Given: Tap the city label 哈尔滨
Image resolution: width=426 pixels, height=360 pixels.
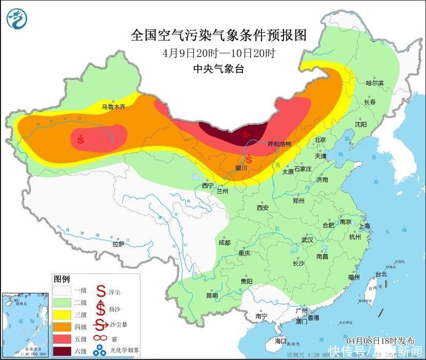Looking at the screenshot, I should (x=374, y=82).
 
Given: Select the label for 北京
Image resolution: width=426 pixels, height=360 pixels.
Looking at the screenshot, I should (x=320, y=139).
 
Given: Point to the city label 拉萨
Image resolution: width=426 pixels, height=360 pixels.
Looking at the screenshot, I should (x=118, y=244).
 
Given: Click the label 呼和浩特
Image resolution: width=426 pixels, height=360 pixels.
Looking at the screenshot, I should (x=279, y=144).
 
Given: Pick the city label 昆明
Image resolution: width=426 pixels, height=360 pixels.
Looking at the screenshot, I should (x=212, y=295).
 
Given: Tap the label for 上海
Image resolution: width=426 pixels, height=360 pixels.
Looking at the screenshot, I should (x=365, y=225).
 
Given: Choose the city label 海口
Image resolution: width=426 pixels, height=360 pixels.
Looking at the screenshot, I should (x=280, y=341).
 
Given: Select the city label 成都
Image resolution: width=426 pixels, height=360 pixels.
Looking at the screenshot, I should (x=224, y=243).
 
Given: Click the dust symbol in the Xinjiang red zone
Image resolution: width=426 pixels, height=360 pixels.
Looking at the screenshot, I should (x=81, y=138).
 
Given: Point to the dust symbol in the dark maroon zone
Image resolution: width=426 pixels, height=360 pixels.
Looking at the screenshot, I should (x=247, y=135).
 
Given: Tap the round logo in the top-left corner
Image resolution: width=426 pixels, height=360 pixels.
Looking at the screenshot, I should (x=17, y=18).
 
